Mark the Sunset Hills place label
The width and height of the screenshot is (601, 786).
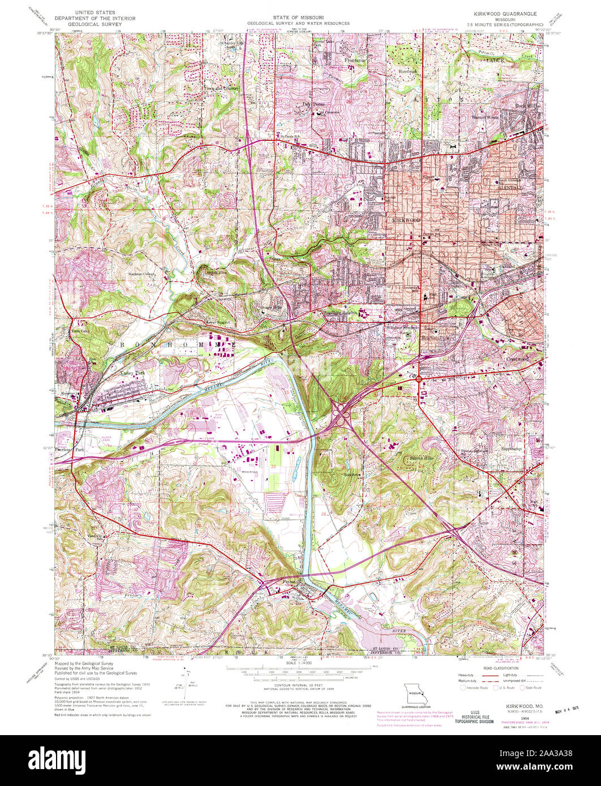click(x=422, y=457)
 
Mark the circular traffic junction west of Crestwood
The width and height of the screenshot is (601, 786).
click(x=419, y=379)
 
